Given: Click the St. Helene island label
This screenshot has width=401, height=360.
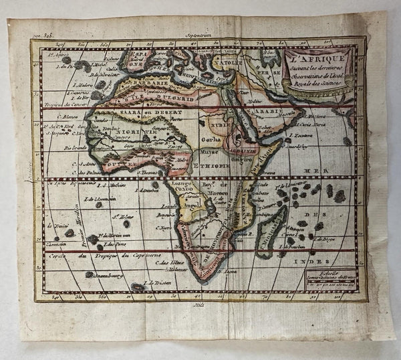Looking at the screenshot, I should (121, 215).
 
